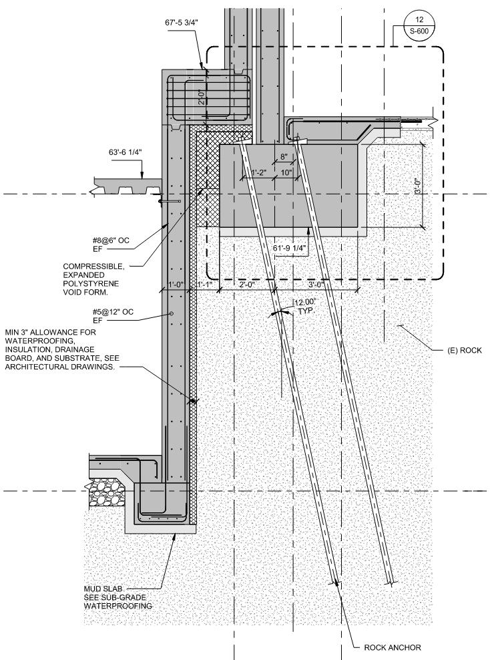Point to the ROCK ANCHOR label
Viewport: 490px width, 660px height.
pos(393,647)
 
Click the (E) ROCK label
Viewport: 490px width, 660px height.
pos(463,350)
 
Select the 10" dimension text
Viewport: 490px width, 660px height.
pos(286,172)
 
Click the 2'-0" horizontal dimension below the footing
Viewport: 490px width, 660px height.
pos(246,283)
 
